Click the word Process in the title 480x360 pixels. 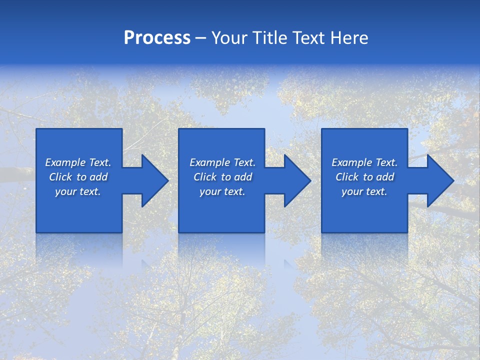157,38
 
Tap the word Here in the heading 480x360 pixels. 350,38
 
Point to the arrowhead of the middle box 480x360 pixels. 296,180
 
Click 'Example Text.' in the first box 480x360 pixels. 78,162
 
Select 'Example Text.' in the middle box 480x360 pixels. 222,162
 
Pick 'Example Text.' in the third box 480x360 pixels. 364,162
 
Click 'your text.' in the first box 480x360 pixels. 78,191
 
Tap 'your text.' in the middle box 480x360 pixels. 222,191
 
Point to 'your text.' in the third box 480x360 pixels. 364,191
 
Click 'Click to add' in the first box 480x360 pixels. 78,177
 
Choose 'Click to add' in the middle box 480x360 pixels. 222,177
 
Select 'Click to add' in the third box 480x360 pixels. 364,177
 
